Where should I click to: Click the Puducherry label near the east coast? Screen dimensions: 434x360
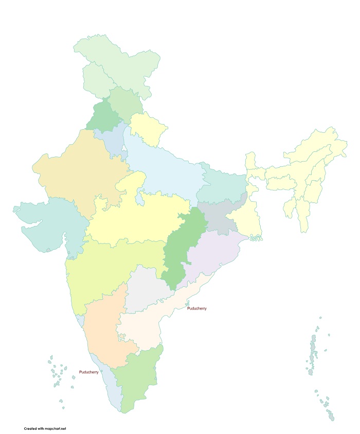(x=197, y=308)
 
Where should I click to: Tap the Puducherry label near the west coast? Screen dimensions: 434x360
(x=89, y=372)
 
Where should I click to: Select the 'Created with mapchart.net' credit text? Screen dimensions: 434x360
(x=45, y=428)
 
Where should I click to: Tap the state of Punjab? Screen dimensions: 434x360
(x=103, y=116)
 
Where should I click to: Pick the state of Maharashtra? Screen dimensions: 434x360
(x=113, y=268)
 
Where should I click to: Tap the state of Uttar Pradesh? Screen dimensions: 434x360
(x=165, y=165)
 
